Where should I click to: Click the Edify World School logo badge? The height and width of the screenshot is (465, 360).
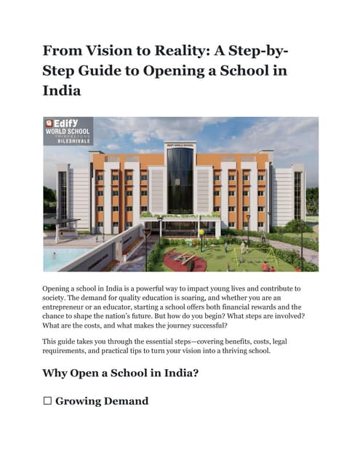(68, 131)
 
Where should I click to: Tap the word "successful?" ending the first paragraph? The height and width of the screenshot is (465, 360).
(203, 326)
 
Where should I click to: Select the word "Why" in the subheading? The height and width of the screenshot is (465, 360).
(60, 374)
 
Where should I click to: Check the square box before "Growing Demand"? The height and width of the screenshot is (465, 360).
(47, 401)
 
